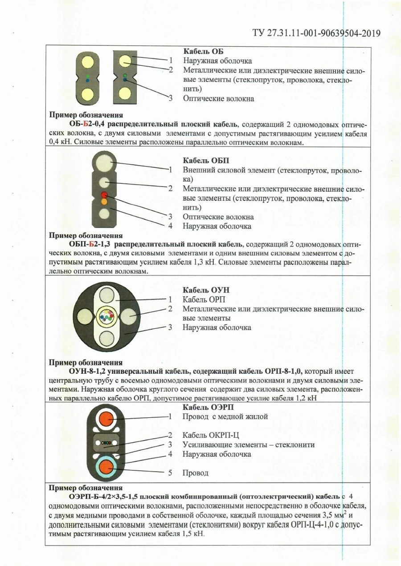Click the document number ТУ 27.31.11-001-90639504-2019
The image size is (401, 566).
click(x=316, y=33)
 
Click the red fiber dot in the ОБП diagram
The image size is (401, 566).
click(x=104, y=195)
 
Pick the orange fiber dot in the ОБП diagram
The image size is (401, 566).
click(x=104, y=202)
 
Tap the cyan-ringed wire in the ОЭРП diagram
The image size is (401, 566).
click(x=106, y=467)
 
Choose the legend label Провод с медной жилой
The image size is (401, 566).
click(x=225, y=416)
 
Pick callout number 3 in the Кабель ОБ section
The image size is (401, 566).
click(x=170, y=98)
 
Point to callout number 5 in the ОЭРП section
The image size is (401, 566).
click(x=170, y=473)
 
